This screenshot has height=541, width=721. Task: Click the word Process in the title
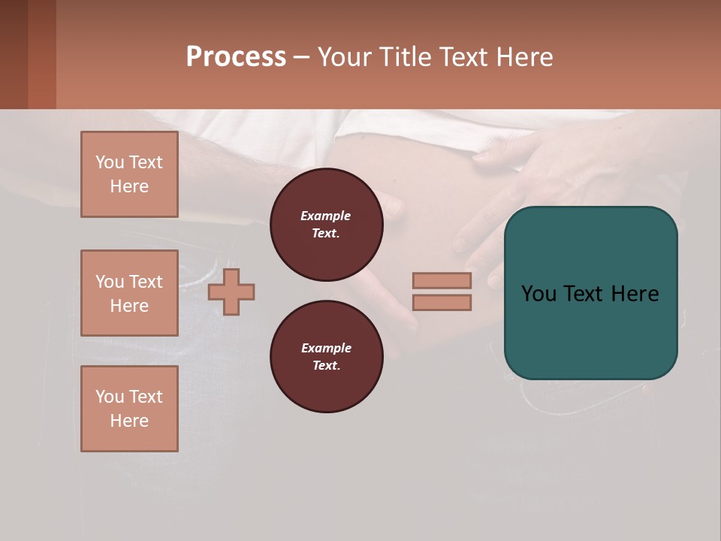tap(236, 57)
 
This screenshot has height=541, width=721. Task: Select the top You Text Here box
tap(129, 174)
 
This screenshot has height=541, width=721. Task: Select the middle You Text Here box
tap(129, 293)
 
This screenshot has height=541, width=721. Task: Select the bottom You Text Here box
tap(129, 409)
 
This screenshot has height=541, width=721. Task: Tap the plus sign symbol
tap(231, 292)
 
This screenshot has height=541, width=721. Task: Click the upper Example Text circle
tap(326, 225)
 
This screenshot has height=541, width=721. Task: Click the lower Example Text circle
tap(326, 357)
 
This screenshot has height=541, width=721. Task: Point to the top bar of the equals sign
tap(442, 280)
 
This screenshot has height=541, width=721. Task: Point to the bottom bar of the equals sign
tap(442, 302)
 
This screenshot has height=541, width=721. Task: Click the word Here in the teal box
tap(635, 294)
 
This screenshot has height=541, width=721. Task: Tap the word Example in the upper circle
tap(326, 216)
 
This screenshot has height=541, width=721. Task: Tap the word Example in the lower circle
tap(326, 349)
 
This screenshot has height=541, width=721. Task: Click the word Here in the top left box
tap(129, 186)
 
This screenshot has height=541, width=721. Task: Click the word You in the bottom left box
tap(109, 397)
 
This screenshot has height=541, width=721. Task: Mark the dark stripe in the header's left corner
tap(14, 54)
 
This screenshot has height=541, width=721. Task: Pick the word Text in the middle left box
tap(146, 282)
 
